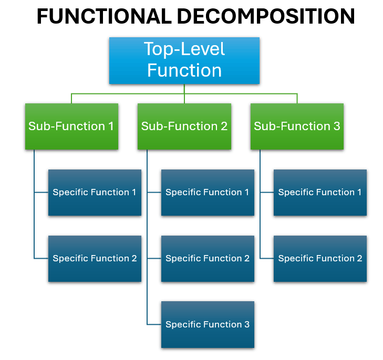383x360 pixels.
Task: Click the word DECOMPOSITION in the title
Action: coord(265,17)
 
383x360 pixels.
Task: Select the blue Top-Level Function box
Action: coord(184,60)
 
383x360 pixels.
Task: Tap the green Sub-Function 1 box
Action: coord(71,126)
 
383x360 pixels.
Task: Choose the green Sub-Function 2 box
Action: coord(184,126)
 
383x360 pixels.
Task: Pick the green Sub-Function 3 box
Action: coord(297,126)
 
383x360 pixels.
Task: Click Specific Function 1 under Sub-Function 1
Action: coord(95,193)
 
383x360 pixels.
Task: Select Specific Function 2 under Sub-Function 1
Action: coord(95,259)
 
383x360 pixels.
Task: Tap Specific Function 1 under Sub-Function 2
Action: coord(208,193)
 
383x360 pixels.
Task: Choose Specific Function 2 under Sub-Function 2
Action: coord(208,259)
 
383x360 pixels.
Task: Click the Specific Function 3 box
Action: coord(208,325)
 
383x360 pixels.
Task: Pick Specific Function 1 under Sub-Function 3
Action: coord(320,193)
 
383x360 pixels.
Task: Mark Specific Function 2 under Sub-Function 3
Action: coord(320,259)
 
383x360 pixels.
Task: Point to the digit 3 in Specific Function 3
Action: coord(246,325)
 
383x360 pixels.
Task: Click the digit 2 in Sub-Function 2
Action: coord(224,126)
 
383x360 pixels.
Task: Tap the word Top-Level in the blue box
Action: coord(184,49)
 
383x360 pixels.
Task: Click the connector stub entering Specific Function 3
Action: coord(154,325)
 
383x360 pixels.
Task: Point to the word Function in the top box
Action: coord(184,70)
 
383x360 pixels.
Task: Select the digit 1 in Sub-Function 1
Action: coord(111,126)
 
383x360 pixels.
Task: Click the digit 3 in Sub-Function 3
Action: coord(337,126)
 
